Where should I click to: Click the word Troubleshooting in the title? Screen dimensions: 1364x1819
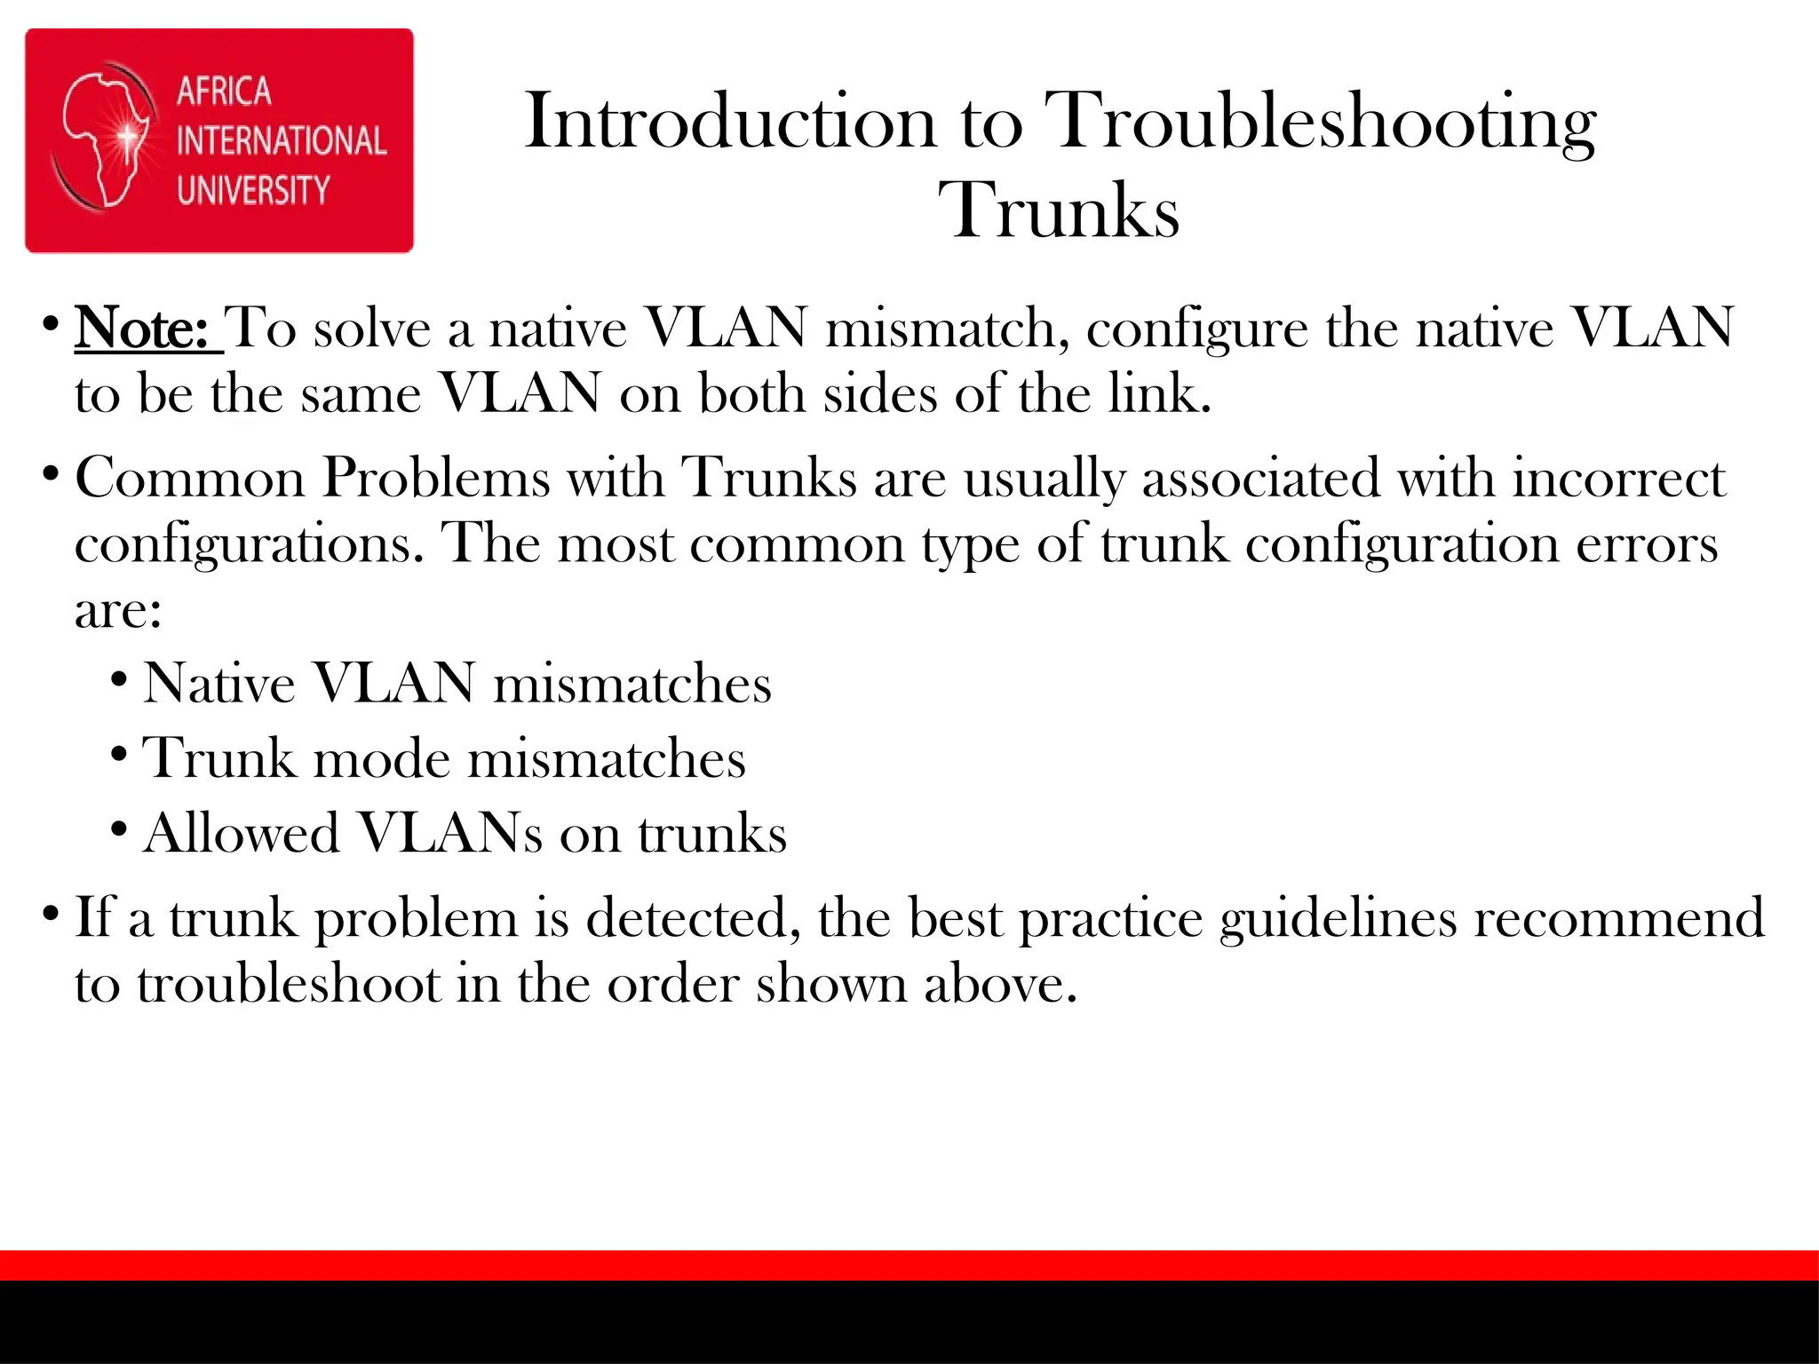click(1319, 123)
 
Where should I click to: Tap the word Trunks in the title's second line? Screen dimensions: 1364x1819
click(1059, 211)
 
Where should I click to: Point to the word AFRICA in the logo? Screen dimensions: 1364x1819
click(224, 91)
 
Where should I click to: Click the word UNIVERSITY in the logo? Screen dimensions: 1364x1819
click(253, 190)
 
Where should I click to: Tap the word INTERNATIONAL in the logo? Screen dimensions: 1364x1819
click(282, 141)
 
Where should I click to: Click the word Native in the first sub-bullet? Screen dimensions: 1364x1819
click(218, 684)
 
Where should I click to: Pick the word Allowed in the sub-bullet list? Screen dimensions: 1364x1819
click(241, 834)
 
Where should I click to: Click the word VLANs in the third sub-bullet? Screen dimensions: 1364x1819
click(449, 834)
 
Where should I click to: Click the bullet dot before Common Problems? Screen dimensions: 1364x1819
click(51, 472)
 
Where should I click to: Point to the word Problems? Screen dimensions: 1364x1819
click(436, 479)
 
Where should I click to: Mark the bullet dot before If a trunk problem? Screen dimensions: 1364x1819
click(51, 912)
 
